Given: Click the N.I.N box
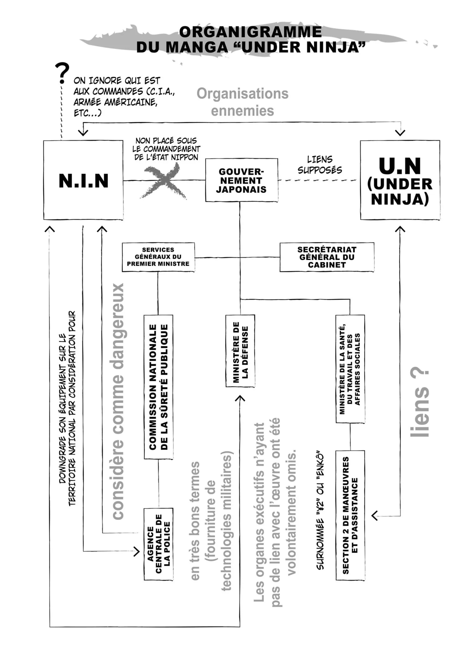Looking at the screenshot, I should tap(83, 180).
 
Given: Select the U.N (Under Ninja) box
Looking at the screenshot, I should tap(400, 180).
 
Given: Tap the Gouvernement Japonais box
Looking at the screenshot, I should tap(241, 180).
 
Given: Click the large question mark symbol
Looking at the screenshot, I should tap(62, 73).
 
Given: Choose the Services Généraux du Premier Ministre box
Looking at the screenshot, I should tap(158, 257).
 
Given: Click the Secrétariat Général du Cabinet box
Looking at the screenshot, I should tap(327, 257).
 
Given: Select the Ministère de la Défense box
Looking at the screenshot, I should tap(240, 351).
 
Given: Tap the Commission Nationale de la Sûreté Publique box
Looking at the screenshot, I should tap(158, 387).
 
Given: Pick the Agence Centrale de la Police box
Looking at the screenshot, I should tap(158, 544).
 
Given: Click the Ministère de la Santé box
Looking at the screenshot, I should tap(350, 369).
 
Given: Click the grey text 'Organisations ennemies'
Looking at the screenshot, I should tap(242, 102).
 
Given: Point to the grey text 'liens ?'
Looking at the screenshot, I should tap(420, 403).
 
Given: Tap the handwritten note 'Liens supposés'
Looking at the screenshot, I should tap(320, 165).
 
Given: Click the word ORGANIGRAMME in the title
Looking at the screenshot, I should tap(250, 32).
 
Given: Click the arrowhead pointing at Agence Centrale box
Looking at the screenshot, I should tap(137, 552).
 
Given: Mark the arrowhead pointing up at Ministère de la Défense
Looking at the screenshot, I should tap(240, 398).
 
